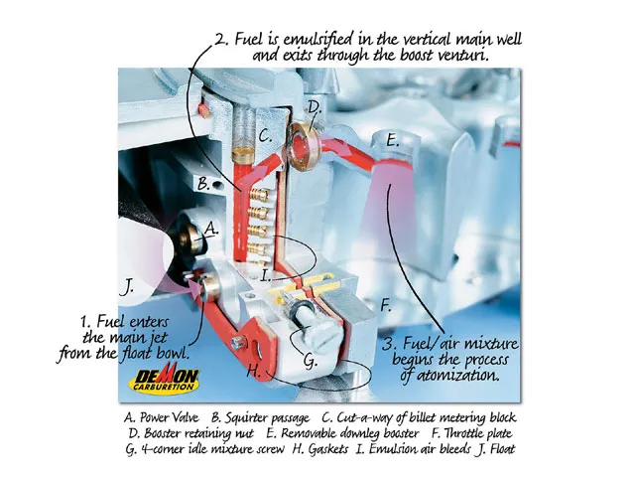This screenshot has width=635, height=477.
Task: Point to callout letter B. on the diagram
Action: click(202, 185)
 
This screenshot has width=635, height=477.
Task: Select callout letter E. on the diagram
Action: click(392, 141)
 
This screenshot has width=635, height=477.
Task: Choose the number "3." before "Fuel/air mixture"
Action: click(390, 345)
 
